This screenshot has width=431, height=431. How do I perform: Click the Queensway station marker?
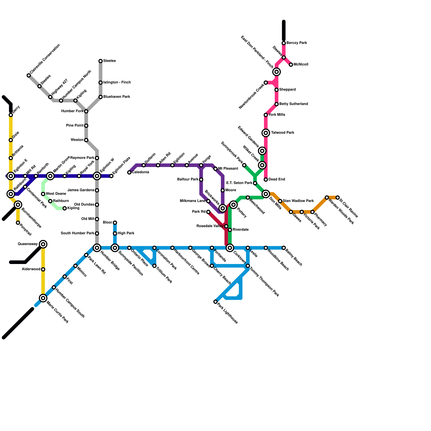click(43, 244)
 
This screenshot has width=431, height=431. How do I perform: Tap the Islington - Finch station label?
click(117, 82)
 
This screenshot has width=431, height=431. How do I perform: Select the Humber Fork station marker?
click(86, 111)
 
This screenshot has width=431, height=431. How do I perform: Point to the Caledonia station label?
click(140, 172)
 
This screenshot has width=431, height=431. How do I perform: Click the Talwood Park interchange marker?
click(266, 133)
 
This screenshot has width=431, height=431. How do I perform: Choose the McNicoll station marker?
click(291, 65)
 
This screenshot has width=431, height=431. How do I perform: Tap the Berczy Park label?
click(297, 43)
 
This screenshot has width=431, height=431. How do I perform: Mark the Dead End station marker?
click(266, 180)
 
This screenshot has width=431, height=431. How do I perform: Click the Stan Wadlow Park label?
click(298, 201)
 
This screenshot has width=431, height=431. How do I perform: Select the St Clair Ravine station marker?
click(338, 198)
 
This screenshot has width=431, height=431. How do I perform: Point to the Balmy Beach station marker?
click(284, 248)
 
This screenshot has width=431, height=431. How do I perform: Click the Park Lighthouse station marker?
click(215, 302)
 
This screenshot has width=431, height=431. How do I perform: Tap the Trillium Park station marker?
click(154, 266)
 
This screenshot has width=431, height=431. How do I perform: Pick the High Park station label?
click(126, 233)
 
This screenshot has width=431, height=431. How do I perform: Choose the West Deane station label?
click(56, 194)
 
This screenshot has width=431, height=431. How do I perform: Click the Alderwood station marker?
click(43, 269)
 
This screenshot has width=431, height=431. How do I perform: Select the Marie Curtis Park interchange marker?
click(43, 298)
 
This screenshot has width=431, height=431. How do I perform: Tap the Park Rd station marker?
click(208, 212)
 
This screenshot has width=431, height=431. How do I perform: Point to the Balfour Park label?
click(188, 179)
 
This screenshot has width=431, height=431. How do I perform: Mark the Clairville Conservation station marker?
click(29, 75)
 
